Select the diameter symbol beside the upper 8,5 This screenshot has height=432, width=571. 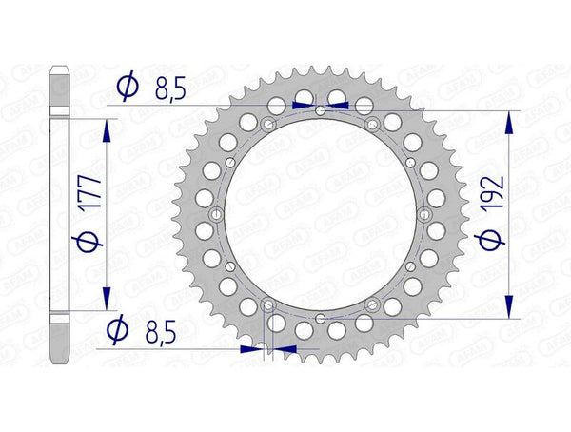click(126, 88)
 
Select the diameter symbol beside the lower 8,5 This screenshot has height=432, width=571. click(118, 330)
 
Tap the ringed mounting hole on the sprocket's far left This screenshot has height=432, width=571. click(218, 214)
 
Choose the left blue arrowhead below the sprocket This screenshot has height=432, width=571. click(251, 348)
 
